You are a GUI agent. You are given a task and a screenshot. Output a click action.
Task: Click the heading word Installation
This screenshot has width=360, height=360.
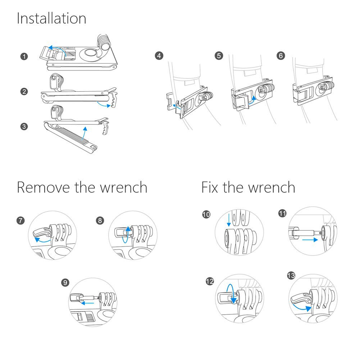tap(51, 18)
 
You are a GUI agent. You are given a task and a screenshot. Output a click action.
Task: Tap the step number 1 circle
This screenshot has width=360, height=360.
tap(24, 56)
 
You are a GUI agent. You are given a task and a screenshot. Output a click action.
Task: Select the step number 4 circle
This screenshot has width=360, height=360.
tap(159, 56)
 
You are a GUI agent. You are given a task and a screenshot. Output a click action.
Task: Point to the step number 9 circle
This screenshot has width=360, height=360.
tap(65, 283)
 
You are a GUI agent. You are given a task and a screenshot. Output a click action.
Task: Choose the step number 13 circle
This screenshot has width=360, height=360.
tap(291, 276)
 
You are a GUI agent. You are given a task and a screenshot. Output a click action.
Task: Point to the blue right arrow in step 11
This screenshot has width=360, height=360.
tap(310, 240)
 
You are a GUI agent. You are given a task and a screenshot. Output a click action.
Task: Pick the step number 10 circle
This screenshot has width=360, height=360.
tap(206, 215)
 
